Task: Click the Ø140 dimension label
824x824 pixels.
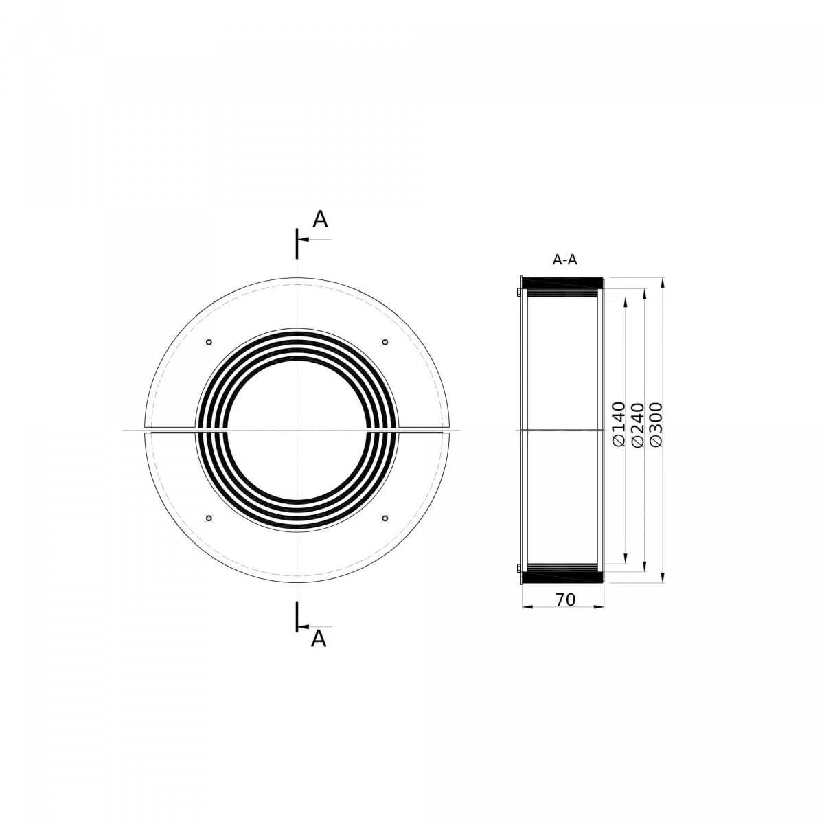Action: pos(619,424)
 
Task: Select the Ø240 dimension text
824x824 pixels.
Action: pos(637,424)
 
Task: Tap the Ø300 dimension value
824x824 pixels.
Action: pos(656,424)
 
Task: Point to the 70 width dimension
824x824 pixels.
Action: pos(565,600)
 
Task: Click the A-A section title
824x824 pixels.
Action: pos(565,260)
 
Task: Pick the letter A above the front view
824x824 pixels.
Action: pos(320,219)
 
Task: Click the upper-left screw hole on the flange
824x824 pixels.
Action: pos(209,342)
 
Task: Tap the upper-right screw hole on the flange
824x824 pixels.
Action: pos(385,342)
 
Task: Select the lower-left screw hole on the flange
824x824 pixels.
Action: pos(209,518)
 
